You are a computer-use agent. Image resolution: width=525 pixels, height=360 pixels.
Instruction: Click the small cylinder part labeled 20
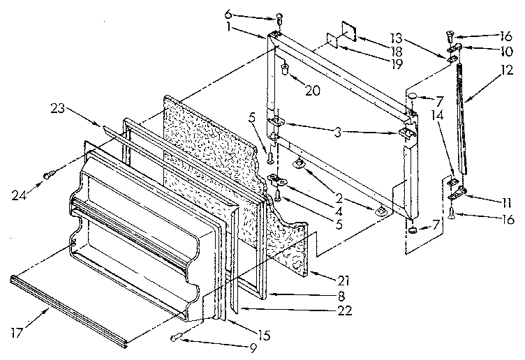(x=286, y=69)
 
